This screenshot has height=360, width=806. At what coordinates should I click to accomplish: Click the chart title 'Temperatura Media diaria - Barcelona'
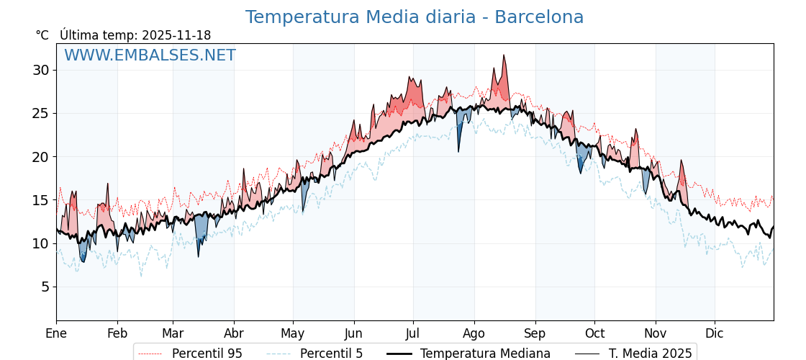coord(414,17)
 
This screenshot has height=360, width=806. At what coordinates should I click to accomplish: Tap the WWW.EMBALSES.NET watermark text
coord(150,55)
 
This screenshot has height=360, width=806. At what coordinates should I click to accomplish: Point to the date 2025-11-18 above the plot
coord(176,35)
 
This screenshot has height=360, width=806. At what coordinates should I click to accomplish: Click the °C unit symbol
coord(42,35)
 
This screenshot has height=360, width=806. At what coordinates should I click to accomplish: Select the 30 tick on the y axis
coord(40,70)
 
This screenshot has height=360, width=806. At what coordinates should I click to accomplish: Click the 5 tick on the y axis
coord(45,287)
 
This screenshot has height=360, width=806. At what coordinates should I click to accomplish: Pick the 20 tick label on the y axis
coord(40,157)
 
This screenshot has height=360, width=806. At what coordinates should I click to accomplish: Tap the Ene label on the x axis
coord(56,333)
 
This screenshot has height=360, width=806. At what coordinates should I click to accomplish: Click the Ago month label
coord(474,333)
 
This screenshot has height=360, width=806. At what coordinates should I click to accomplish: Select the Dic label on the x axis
coord(715,333)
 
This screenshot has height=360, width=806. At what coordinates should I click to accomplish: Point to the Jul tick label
coord(413,333)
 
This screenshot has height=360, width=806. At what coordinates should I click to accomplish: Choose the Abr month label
coord(234,333)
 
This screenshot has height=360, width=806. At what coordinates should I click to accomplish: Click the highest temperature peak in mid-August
coord(504,55)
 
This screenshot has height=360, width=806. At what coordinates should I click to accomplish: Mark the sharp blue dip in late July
coord(458,150)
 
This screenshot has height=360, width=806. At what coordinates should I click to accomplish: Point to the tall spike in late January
coord(107,184)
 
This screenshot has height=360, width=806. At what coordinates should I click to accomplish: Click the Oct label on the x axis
coord(594,333)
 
